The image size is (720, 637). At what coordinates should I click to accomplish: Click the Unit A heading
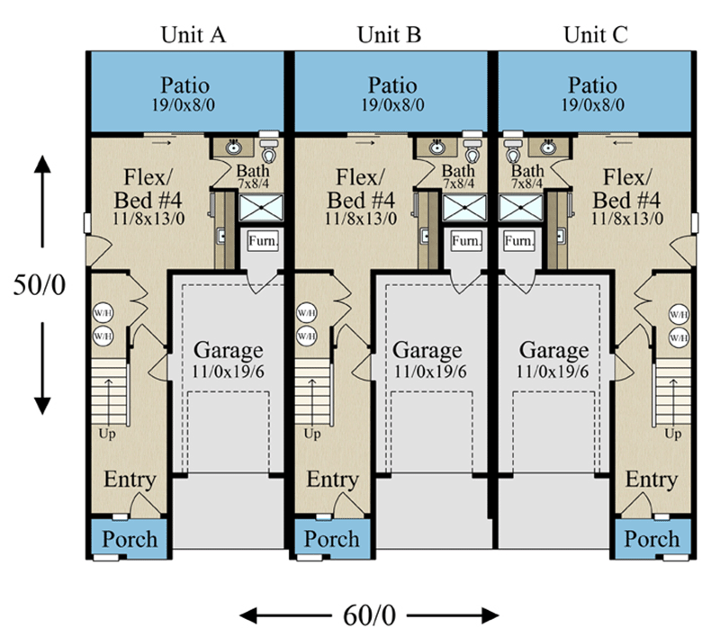pos(193,35)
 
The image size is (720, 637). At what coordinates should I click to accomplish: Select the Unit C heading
pos(595,35)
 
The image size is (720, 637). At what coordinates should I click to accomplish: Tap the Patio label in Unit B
pos(392,86)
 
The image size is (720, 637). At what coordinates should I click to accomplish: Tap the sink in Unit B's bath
pos(436,147)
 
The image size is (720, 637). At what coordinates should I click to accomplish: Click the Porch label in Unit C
pos(652,540)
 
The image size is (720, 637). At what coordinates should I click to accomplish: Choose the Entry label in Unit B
pos(333,480)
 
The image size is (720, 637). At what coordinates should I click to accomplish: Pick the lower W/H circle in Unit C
pos(679,337)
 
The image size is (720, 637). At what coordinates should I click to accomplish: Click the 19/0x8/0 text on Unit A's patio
pos(186,105)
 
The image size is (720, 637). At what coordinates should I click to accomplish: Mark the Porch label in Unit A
pos(129,540)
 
